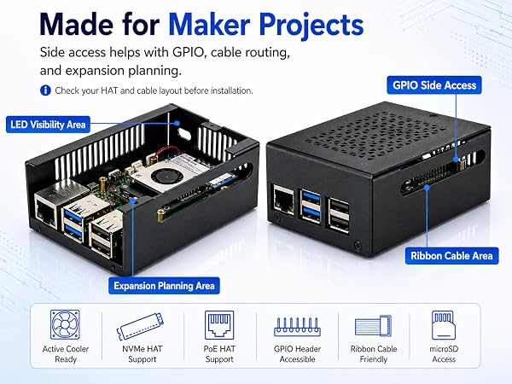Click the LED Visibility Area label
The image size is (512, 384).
(x=48, y=125)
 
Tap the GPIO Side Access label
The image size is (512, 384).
(x=434, y=85)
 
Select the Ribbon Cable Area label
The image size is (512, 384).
(x=452, y=256)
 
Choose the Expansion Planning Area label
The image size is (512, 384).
(x=164, y=286)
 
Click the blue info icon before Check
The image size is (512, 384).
(x=45, y=90)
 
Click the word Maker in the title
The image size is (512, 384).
(x=209, y=25)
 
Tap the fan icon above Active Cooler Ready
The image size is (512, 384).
(x=65, y=324)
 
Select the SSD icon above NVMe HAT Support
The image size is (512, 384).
(x=141, y=327)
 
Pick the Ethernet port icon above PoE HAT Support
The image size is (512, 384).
(x=219, y=325)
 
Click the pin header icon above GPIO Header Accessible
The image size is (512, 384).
(x=297, y=327)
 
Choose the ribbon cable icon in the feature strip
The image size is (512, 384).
(x=373, y=326)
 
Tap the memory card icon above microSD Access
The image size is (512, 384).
(x=443, y=325)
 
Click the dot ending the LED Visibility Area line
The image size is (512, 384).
(x=177, y=123)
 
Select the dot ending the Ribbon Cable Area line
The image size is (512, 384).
(x=427, y=187)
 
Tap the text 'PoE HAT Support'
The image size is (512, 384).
(x=219, y=354)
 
